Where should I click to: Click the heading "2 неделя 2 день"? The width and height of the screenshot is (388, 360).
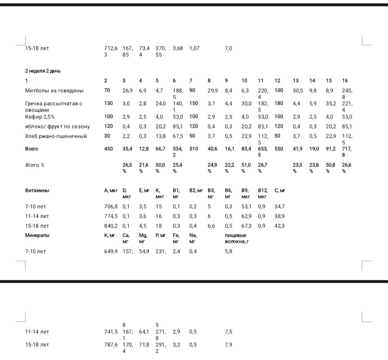(x=43, y=71)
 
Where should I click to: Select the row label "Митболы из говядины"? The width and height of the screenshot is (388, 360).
(x=54, y=90)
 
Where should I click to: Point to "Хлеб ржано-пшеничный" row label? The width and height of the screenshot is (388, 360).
(x=56, y=136)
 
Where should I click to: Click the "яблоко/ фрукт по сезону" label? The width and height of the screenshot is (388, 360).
(x=57, y=126)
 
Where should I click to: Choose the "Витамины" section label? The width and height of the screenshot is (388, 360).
(x=37, y=191)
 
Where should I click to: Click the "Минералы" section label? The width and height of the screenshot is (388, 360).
(x=37, y=235)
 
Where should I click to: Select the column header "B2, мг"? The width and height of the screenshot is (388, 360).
(x=196, y=191)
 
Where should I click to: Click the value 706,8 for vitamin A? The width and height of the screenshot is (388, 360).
(x=111, y=206)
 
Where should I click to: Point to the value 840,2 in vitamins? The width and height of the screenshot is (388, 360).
(x=111, y=226)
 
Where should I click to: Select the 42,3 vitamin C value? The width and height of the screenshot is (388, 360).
(x=279, y=226)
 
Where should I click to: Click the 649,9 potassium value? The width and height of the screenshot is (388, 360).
(x=111, y=252)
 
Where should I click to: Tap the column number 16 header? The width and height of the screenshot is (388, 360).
(x=345, y=80)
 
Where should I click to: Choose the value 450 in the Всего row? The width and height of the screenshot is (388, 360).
(x=108, y=149)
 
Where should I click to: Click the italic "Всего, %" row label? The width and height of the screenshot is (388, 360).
(x=34, y=165)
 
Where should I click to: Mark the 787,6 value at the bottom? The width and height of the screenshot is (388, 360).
(x=111, y=345)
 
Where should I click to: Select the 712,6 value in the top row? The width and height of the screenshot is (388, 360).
(x=111, y=48)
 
